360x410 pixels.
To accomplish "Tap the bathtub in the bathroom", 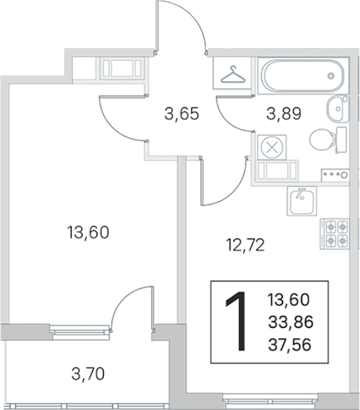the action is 303,76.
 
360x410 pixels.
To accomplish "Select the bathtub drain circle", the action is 331,76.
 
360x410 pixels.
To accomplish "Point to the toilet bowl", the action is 323,140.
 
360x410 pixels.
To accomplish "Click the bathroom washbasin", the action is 338,108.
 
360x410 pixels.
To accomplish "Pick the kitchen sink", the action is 302,201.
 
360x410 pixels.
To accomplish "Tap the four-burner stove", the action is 335,234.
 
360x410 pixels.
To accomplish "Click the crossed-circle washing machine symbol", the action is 272,147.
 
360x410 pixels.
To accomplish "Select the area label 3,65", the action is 182,114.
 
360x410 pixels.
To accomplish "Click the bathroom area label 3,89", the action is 284,114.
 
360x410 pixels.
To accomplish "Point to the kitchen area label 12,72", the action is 245,245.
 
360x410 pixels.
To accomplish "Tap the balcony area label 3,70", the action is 88,374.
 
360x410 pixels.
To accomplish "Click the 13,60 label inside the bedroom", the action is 88,233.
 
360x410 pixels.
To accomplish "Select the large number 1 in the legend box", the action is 237,321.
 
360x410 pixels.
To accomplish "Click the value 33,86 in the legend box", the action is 290,322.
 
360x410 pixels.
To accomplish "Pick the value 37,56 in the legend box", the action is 290,345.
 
